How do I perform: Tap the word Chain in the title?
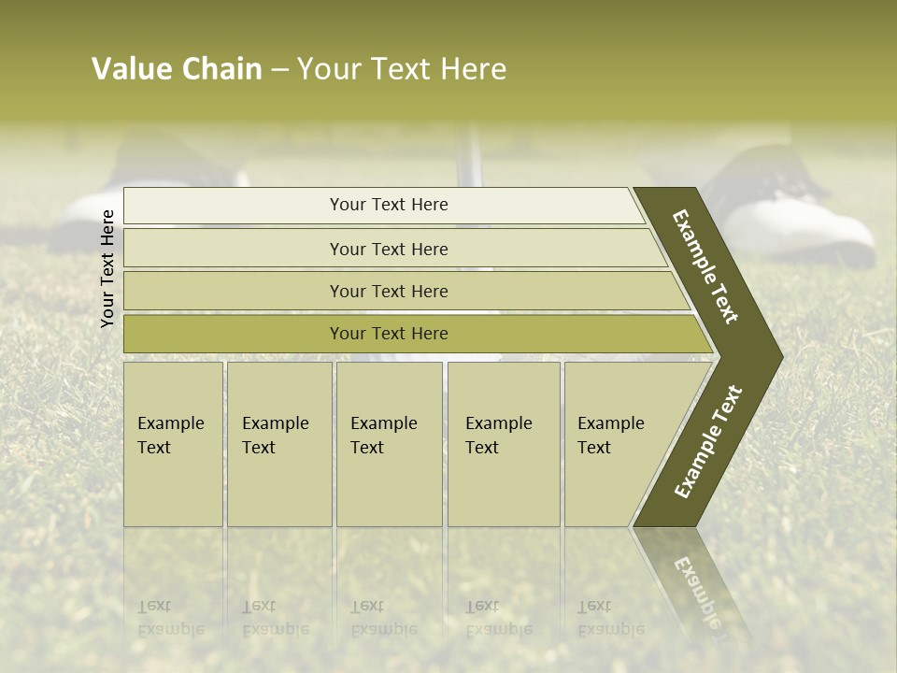tap(222, 69)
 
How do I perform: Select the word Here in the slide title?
tap(473, 69)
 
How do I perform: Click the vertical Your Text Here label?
tap(107, 268)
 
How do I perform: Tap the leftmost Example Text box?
tap(173, 444)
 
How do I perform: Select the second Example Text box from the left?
tap(279, 444)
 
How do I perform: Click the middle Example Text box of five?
tap(389, 444)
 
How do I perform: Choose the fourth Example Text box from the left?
tap(504, 444)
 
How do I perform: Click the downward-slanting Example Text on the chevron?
tap(705, 266)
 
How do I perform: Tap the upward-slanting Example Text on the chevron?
tap(708, 441)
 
